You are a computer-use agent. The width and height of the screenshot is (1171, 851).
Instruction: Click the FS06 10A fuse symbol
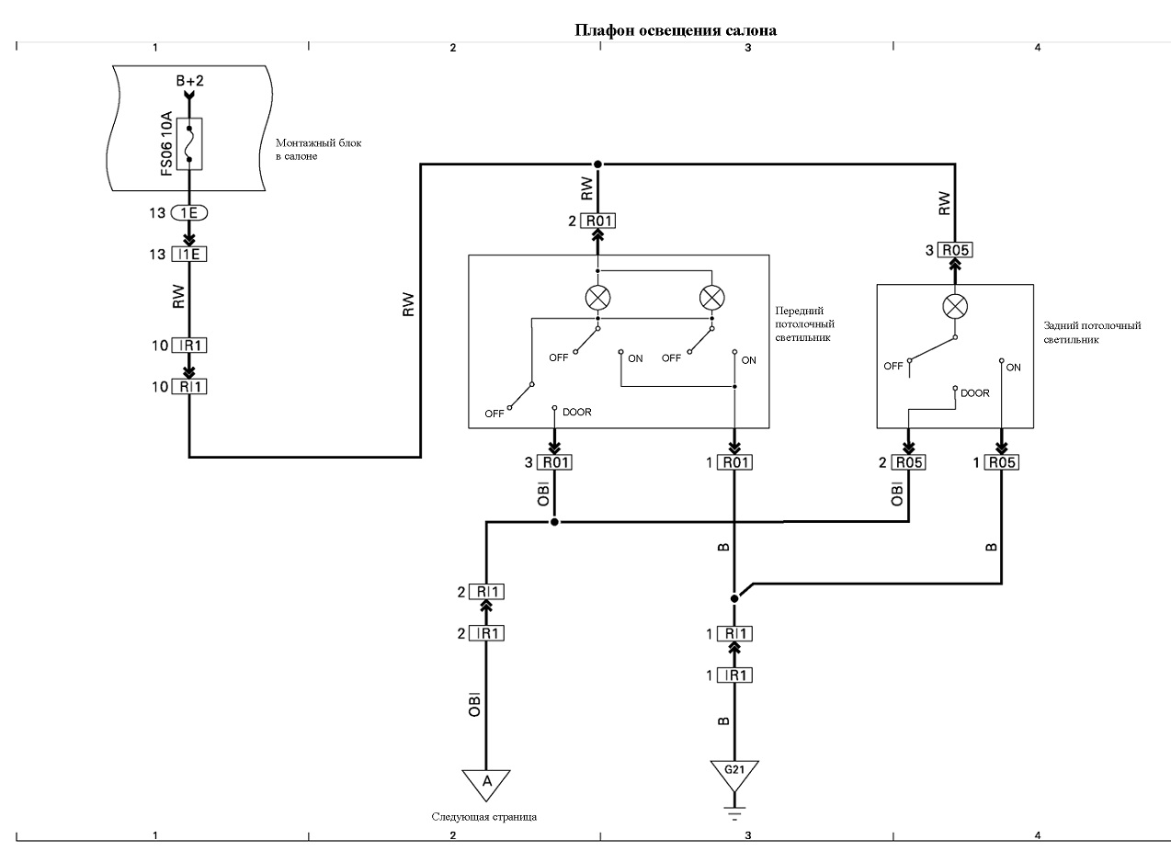[189, 143]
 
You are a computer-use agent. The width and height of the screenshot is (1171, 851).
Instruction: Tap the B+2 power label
[189, 81]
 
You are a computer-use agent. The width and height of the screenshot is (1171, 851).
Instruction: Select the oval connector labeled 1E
[189, 213]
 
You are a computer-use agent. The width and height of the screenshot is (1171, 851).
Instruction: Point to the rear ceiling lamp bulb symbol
[955, 306]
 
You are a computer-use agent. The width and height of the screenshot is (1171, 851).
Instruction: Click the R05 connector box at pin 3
[955, 250]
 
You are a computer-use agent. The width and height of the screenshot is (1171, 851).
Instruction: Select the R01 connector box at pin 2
[598, 221]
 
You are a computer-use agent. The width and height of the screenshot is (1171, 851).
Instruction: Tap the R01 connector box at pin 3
[554, 462]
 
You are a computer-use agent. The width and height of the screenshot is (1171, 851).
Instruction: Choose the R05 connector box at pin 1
[1002, 462]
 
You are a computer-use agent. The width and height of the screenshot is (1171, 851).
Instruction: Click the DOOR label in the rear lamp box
[975, 393]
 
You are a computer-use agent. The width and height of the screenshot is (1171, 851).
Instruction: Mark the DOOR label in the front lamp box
[577, 412]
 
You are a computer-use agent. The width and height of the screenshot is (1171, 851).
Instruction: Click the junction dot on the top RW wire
[598, 165]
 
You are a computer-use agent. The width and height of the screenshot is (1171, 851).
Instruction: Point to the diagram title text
[676, 30]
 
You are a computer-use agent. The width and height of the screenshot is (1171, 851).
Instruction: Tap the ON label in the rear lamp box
[1013, 368]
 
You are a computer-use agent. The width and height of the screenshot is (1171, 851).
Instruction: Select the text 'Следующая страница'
[484, 816]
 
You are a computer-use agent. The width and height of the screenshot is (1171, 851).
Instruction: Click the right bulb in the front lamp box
[712, 298]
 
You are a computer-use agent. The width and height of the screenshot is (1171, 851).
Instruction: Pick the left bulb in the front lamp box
[598, 298]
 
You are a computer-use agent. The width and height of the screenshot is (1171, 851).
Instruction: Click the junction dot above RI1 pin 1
[734, 598]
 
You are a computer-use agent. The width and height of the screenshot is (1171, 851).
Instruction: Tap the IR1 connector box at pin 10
[189, 346]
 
